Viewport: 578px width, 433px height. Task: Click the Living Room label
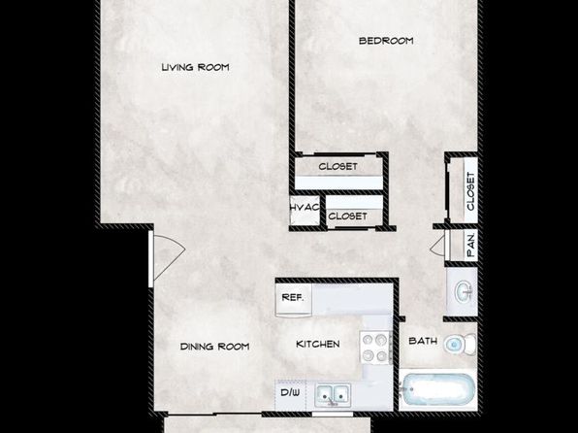click(x=195, y=67)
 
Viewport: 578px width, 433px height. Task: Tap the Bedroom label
click(x=386, y=41)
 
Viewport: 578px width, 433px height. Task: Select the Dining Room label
click(x=215, y=347)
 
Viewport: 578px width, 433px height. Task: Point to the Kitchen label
click(x=318, y=344)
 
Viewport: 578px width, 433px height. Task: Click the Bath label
click(x=423, y=341)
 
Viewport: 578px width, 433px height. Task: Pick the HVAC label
click(x=305, y=208)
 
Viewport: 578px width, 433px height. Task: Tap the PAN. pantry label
click(x=471, y=244)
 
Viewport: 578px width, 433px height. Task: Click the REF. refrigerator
click(x=294, y=300)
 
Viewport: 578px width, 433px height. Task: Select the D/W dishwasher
click(x=291, y=394)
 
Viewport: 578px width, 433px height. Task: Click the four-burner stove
click(x=375, y=348)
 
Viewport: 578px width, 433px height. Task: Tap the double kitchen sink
click(x=333, y=395)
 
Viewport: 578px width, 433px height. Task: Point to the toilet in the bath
click(x=460, y=345)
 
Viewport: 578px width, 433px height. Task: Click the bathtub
click(x=438, y=390)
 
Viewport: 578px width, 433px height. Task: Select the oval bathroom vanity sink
click(x=464, y=291)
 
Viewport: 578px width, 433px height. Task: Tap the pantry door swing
click(x=438, y=245)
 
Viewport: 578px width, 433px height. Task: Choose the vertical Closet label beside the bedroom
click(x=470, y=191)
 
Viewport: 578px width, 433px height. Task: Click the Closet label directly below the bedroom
click(x=338, y=166)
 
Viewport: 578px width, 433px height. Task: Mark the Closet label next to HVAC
click(x=347, y=216)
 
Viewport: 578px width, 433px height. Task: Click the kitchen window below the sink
click(x=333, y=415)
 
